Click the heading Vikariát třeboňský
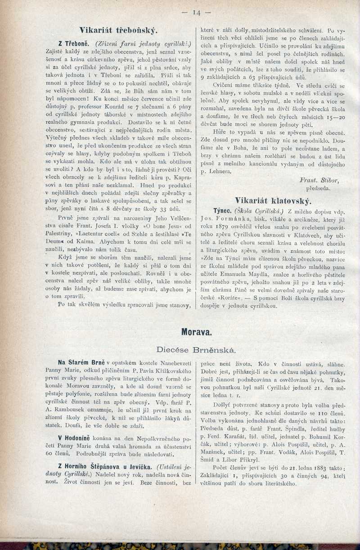[x=118, y=31]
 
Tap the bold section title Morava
[x=196, y=333]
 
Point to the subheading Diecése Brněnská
[x=196, y=349]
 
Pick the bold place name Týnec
[x=222, y=210]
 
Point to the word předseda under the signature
[x=318, y=188]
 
